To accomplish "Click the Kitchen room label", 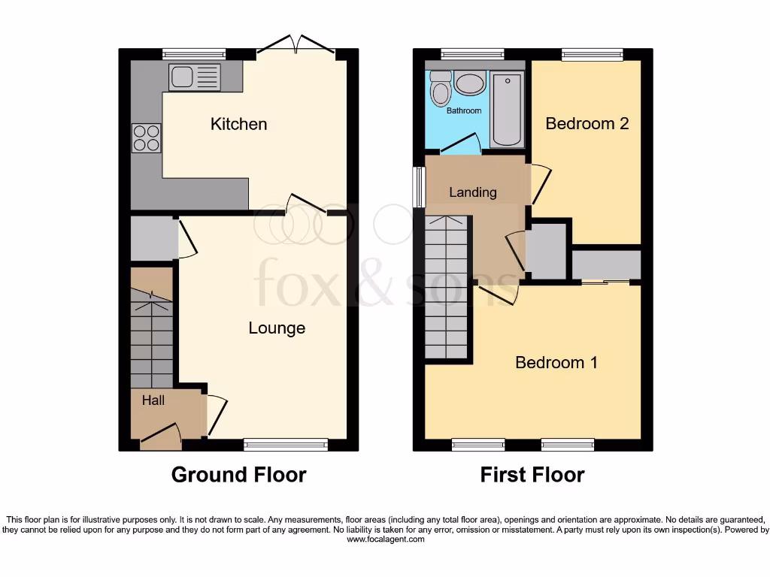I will [x=238, y=124].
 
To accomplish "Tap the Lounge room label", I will [x=277, y=328].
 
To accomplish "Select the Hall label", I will [x=153, y=400].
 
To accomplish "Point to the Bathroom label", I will [x=464, y=111].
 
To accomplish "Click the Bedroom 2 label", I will [x=587, y=124].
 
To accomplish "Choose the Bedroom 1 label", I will [x=556, y=363].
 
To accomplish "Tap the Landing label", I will [x=472, y=192].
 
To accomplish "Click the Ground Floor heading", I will [x=238, y=475].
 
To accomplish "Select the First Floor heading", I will [x=532, y=475].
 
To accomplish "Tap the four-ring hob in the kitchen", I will [x=147, y=137].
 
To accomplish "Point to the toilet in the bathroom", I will [x=440, y=90].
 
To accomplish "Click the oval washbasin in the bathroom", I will [x=471, y=84].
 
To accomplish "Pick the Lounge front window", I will [x=286, y=446].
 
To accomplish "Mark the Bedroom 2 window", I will [x=592, y=54].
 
